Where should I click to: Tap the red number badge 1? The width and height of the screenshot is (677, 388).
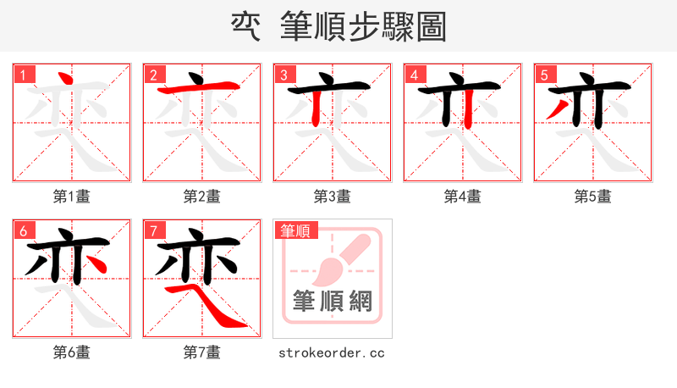(24, 75)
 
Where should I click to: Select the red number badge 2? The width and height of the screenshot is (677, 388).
(154, 75)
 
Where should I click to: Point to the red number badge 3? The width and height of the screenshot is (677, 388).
(284, 75)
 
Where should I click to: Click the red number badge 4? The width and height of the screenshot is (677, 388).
(415, 75)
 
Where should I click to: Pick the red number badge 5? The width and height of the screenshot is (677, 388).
(545, 75)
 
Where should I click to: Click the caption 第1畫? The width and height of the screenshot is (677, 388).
(72, 197)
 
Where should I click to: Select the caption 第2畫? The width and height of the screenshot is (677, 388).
(202, 197)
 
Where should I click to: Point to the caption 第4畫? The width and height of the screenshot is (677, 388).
(463, 197)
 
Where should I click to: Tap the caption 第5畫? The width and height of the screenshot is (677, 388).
(593, 197)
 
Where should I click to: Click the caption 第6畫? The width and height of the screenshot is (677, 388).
(72, 352)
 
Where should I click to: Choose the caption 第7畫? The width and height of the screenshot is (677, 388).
(202, 352)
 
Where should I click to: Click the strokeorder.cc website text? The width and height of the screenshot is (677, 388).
(332, 352)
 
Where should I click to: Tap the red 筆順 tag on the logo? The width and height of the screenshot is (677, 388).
(295, 230)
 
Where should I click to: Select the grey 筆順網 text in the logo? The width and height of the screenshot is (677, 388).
(333, 302)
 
